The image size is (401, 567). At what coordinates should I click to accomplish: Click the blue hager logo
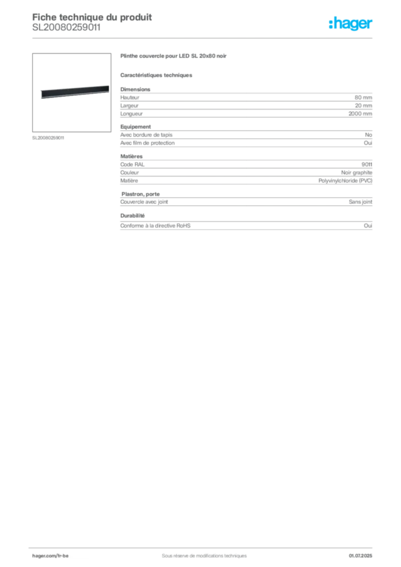351,24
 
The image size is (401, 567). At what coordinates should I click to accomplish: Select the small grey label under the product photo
49,137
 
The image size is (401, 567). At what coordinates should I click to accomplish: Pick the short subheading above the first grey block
157,75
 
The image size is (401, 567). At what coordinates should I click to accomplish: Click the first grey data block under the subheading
248,102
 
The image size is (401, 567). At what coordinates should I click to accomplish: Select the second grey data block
248,138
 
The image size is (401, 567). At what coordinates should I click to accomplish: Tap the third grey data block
248,169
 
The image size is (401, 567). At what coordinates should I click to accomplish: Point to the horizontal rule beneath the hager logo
238,38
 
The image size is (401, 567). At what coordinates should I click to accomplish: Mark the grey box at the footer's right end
363,552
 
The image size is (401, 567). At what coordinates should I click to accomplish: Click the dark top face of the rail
72,90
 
